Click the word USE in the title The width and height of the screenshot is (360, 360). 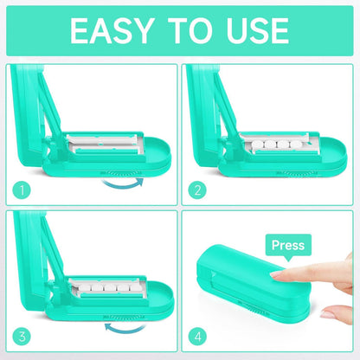(x=252, y=31)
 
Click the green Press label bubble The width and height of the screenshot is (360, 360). (x=287, y=246)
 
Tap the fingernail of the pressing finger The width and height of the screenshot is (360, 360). (x=279, y=274)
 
